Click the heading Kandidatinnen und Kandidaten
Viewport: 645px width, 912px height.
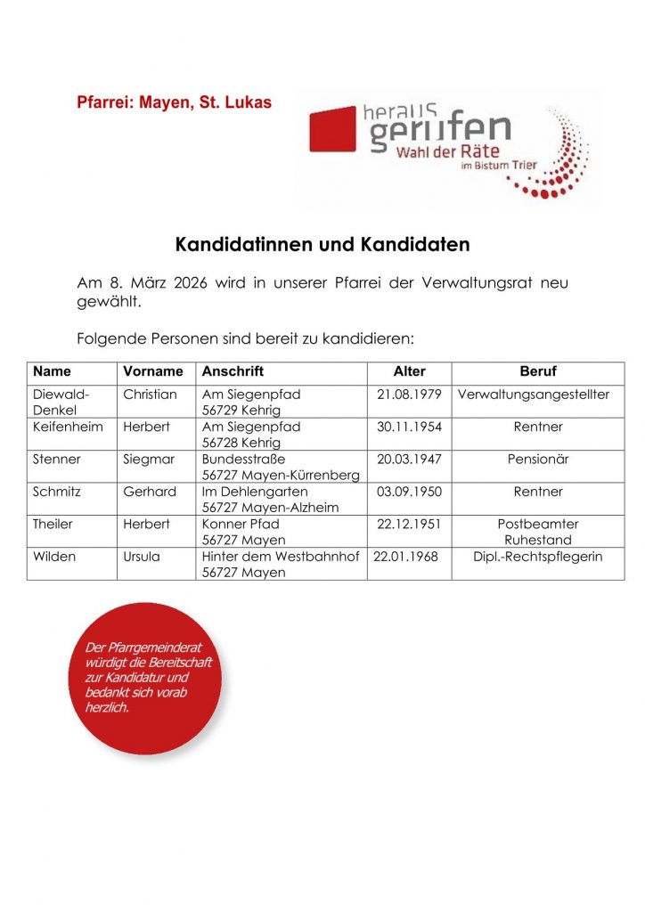point(322,243)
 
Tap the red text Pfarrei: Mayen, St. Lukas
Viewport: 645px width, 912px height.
point(174,103)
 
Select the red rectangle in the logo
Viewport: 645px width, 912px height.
point(332,130)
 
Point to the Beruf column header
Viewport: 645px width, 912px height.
point(537,371)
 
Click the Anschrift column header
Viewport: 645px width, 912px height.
point(233,371)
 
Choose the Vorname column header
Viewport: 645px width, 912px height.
point(152,371)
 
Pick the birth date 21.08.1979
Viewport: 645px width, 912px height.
point(409,394)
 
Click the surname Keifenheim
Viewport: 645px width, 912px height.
point(68,427)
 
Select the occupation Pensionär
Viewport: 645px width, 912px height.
point(538,460)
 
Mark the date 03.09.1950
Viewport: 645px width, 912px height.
point(409,492)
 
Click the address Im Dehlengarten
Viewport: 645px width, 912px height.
point(255,492)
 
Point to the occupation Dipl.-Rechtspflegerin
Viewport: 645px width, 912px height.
point(538,557)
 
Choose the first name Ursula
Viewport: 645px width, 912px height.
point(143,557)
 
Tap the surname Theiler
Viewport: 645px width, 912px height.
point(53,525)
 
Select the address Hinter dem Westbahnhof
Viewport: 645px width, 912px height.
point(280,557)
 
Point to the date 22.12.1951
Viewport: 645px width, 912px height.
point(409,525)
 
